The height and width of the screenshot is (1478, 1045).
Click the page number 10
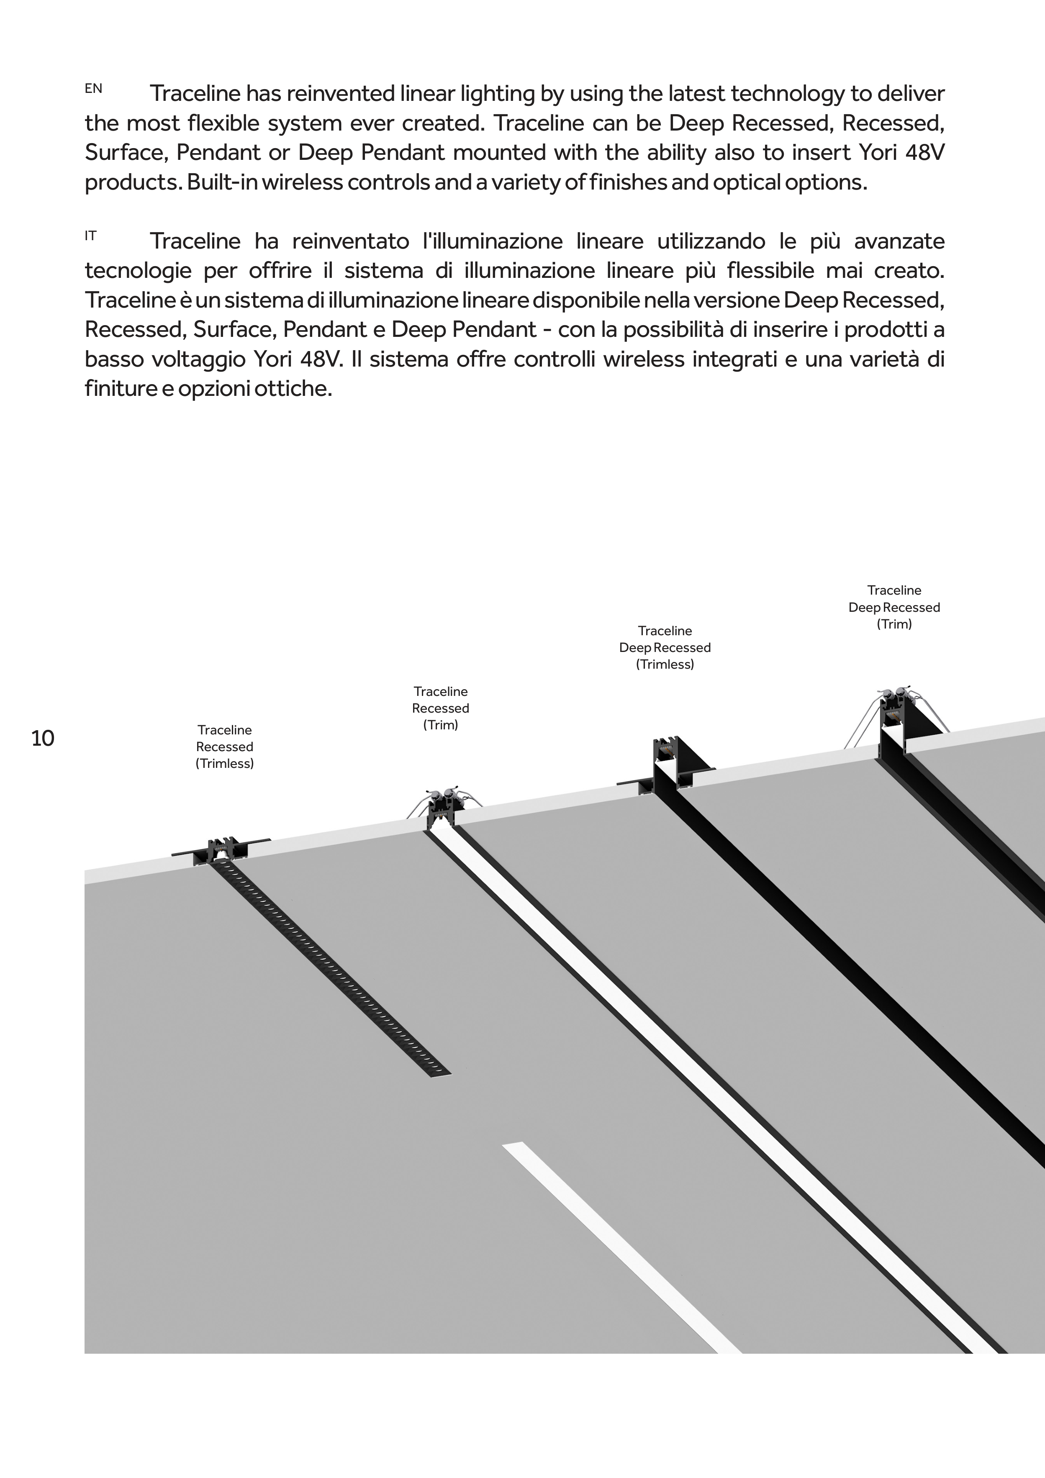pyautogui.click(x=43, y=738)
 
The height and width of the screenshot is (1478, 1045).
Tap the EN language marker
pyautogui.click(x=93, y=89)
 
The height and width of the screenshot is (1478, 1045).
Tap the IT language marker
pyautogui.click(x=91, y=236)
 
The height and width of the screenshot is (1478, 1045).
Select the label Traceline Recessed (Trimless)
pyautogui.click(x=225, y=747)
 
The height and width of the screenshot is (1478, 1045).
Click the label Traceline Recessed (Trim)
pyautogui.click(x=440, y=708)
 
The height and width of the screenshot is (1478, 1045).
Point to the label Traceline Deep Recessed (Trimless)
pyautogui.click(x=665, y=648)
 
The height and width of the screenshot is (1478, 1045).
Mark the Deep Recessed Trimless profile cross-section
pyautogui.click(x=670, y=763)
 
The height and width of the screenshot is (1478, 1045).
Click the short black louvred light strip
pyautogui.click(x=329, y=965)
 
